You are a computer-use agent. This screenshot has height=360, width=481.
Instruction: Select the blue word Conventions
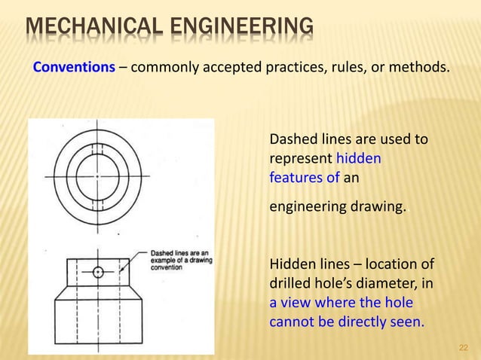click(x=74, y=68)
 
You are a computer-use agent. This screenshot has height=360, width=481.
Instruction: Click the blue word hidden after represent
click(x=359, y=159)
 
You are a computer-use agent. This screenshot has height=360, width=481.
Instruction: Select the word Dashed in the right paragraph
click(x=291, y=139)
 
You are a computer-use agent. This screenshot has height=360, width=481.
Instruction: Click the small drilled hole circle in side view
click(x=98, y=272)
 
